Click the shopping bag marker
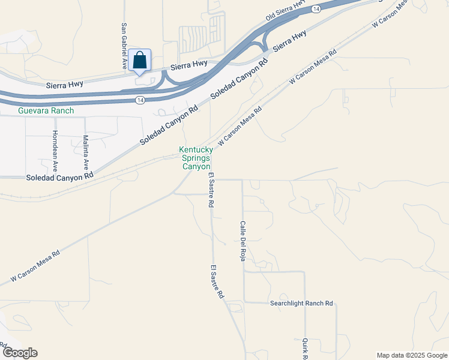point(139,61)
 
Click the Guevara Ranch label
point(46,110)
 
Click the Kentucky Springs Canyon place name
point(195,158)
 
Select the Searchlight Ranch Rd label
point(301,304)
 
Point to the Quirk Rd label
point(305,348)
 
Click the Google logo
point(19,353)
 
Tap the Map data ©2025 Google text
point(412,355)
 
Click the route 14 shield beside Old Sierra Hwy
point(316,9)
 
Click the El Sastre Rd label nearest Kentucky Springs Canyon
point(211,190)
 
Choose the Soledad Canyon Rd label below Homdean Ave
point(60,177)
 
